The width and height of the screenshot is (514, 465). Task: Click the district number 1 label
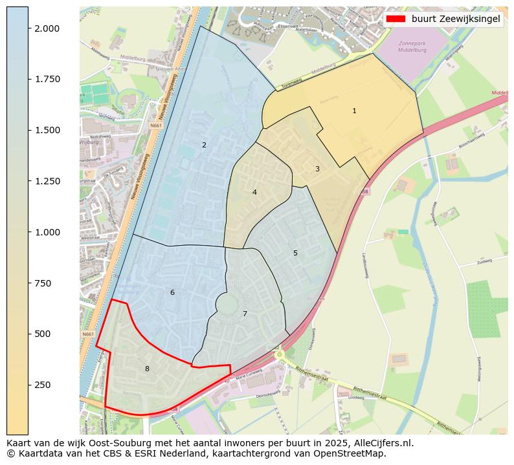354,111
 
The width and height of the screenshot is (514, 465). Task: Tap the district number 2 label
204,146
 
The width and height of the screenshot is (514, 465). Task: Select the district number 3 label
317,169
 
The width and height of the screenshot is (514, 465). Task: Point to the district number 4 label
254,192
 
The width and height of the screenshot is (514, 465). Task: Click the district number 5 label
295,253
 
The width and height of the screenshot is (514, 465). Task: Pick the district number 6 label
172,293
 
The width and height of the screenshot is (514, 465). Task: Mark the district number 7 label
245,314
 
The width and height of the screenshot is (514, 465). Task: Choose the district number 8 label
147,369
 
